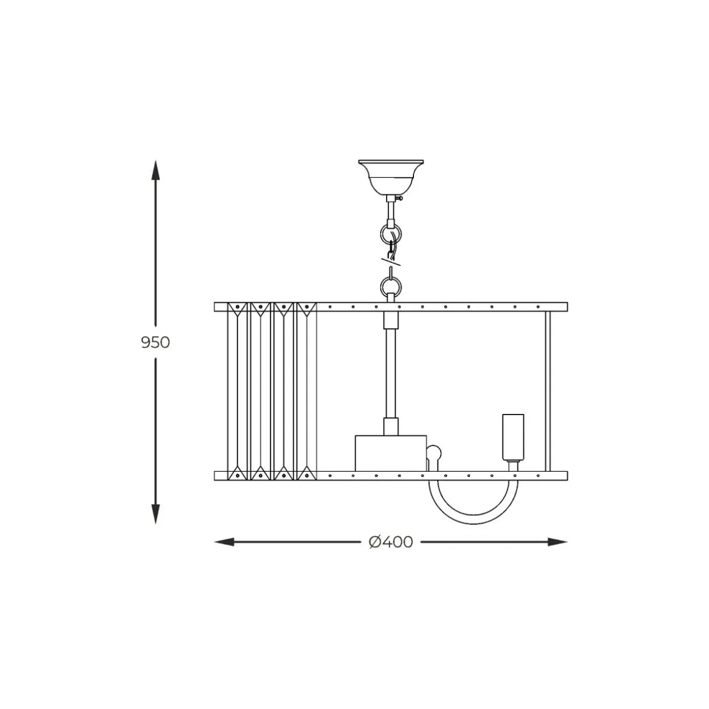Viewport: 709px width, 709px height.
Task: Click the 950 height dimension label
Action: click(x=156, y=342)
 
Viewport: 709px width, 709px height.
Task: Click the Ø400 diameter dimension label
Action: click(x=391, y=542)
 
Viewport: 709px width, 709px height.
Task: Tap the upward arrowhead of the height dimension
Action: click(x=156, y=170)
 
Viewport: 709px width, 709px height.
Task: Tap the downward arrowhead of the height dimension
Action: click(x=156, y=513)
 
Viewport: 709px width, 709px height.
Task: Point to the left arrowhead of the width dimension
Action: click(x=224, y=542)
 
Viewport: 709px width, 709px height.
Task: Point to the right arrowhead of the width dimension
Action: click(x=557, y=542)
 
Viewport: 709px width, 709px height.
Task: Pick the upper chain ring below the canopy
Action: click(x=391, y=234)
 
